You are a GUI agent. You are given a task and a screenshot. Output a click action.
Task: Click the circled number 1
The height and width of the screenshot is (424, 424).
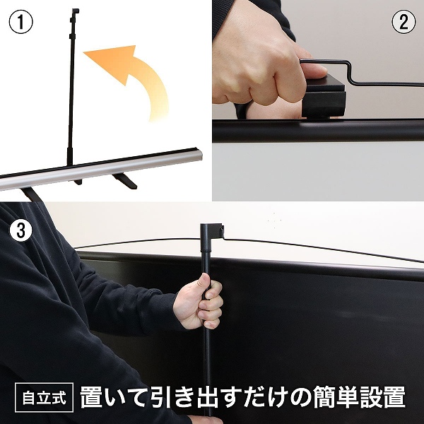pos(21,21)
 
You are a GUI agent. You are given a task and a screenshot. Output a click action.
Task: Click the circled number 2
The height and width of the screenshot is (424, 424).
pos(403,22)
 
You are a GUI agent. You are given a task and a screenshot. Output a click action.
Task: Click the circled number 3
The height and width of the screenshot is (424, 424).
pos(22,230)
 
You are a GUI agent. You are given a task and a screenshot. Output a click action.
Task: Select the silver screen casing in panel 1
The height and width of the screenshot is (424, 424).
pos(106,170)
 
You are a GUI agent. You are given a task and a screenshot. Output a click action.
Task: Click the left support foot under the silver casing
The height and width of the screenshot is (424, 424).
pos(32,192)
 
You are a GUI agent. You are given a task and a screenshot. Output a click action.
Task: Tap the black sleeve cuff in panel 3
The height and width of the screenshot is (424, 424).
pos(166,311)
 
